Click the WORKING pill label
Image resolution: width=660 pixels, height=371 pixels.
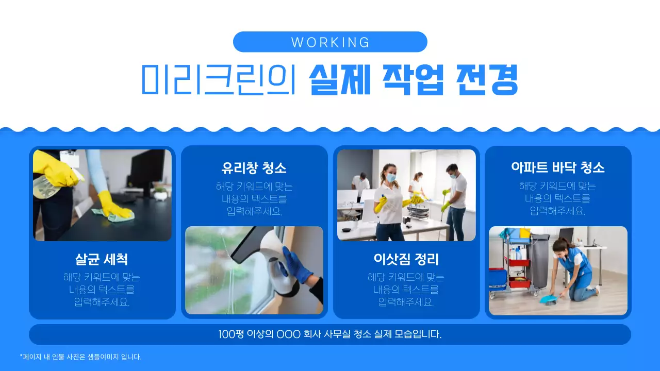(330, 42)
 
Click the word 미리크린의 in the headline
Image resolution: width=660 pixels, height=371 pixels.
(219, 79)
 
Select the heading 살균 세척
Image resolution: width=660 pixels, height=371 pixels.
(102, 258)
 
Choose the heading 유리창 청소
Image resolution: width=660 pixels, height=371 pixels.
(254, 167)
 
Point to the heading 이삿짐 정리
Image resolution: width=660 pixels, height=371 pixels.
(406, 258)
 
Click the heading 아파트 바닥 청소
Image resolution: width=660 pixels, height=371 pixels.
(557, 167)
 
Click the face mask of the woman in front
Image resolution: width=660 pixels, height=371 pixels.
(390, 178)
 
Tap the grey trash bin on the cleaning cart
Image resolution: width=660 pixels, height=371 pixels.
(540, 260)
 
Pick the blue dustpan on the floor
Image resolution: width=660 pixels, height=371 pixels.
(548, 298)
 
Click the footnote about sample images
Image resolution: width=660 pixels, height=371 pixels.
(80, 357)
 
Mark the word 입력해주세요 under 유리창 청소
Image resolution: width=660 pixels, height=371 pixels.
(254, 211)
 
